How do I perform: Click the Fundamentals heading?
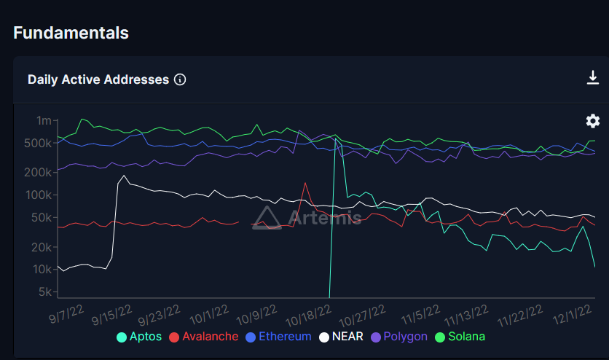pos(71,33)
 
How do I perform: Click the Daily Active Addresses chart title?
pos(98,79)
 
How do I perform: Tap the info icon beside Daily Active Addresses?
pos(180,79)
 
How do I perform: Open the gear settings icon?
pos(593,121)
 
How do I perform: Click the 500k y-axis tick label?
pos(39,143)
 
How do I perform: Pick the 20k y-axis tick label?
pos(41,247)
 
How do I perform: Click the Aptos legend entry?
pos(141,337)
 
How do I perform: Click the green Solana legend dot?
pos(440,337)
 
